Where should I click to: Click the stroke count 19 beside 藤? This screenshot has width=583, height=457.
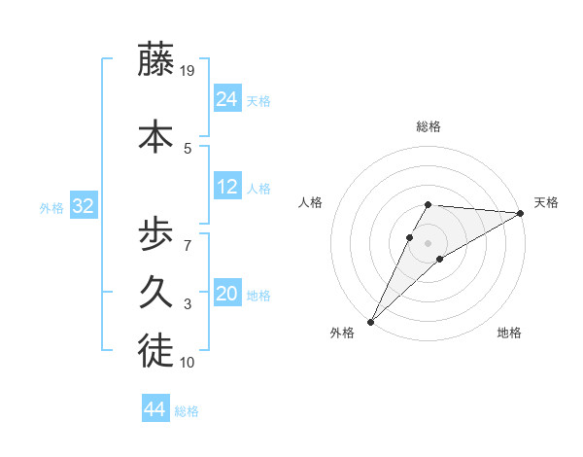pyautogui.click(x=189, y=71)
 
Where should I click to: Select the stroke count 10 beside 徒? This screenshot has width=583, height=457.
pyautogui.click(x=189, y=363)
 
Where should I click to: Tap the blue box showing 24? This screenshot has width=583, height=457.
pyautogui.click(x=227, y=98)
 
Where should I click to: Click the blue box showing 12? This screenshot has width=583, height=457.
pyautogui.click(x=227, y=187)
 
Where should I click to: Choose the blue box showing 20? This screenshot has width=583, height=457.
pyautogui.click(x=227, y=295)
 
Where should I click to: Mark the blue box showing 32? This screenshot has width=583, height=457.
pyautogui.click(x=83, y=206)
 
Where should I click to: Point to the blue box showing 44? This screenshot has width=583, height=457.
pyautogui.click(x=155, y=409)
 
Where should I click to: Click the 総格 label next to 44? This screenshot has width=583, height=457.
pyautogui.click(x=187, y=411)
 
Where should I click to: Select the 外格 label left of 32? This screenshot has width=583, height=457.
pyautogui.click(x=51, y=207)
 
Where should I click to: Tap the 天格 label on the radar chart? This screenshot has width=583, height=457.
pyautogui.click(x=546, y=202)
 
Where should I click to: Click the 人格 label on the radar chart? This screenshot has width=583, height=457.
pyautogui.click(x=311, y=202)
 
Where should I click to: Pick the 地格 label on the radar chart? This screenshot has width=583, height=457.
pyautogui.click(x=509, y=333)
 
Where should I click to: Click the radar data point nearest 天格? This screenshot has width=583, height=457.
pyautogui.click(x=521, y=213)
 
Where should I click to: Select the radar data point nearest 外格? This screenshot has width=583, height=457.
pyautogui.click(x=370, y=322)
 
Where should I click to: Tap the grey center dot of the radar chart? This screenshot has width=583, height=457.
pyautogui.click(x=428, y=242)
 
